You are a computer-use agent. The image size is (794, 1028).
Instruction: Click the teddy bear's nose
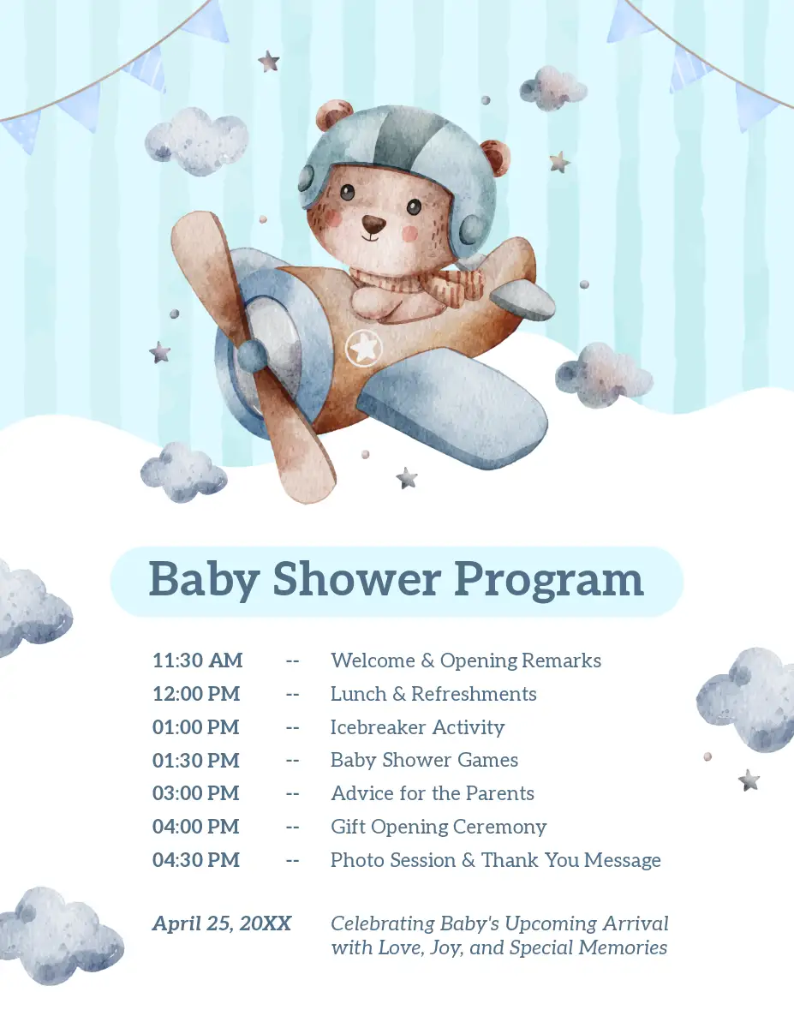click(x=373, y=224)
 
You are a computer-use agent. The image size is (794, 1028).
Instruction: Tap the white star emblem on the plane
click(x=365, y=348)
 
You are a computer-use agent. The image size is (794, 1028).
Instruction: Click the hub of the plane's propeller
click(x=251, y=356)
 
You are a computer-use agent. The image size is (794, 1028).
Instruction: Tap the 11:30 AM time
click(x=198, y=660)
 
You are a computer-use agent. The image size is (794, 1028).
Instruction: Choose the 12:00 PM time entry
click(x=196, y=694)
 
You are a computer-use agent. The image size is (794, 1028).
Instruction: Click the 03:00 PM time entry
click(x=196, y=793)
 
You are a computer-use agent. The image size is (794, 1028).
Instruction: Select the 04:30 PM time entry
click(x=196, y=860)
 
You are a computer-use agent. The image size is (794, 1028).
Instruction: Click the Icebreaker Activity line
click(x=418, y=727)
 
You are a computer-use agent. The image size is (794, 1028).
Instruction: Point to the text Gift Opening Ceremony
click(x=439, y=828)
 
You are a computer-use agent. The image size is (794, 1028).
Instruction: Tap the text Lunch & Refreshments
click(x=433, y=694)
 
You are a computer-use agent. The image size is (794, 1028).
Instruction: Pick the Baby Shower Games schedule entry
click(x=424, y=760)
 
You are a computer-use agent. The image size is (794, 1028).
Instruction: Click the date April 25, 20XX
click(x=222, y=923)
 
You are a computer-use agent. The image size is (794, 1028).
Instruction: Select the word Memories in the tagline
click(x=623, y=947)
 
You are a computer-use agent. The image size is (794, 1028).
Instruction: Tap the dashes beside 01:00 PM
click(x=292, y=727)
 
